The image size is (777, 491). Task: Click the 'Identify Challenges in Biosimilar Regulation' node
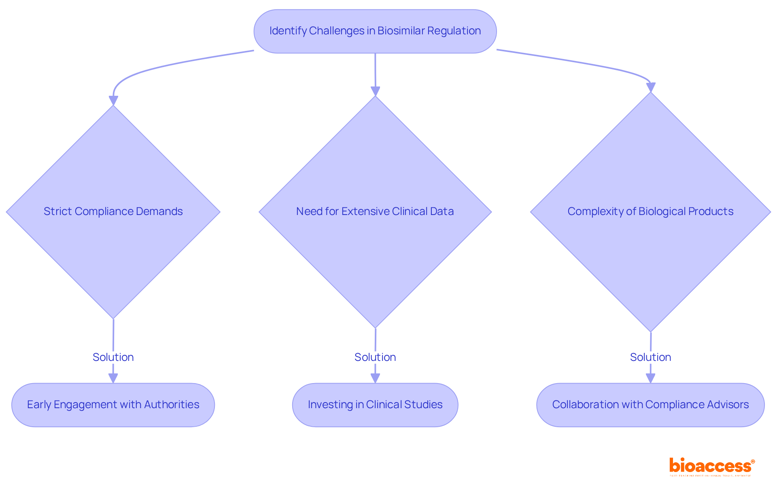click(375, 31)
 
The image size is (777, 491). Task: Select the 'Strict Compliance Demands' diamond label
click(113, 211)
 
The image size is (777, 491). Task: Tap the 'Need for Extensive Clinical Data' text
click(375, 211)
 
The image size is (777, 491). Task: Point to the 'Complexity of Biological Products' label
click(650, 211)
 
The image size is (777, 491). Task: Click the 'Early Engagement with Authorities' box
click(113, 405)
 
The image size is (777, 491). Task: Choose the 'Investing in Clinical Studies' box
click(375, 405)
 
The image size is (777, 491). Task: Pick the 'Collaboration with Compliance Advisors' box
click(650, 405)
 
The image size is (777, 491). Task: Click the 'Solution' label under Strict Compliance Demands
click(113, 357)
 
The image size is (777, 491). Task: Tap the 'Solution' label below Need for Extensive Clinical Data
click(375, 357)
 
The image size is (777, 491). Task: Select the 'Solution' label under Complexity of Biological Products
click(650, 357)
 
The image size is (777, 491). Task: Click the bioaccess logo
click(711, 466)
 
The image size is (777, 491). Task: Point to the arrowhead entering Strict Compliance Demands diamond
click(113, 101)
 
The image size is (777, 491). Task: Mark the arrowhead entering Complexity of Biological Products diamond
click(651, 87)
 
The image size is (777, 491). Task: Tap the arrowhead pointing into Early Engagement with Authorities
click(113, 378)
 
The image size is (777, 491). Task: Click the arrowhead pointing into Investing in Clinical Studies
click(375, 378)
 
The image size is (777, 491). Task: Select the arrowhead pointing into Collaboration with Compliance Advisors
click(650, 378)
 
